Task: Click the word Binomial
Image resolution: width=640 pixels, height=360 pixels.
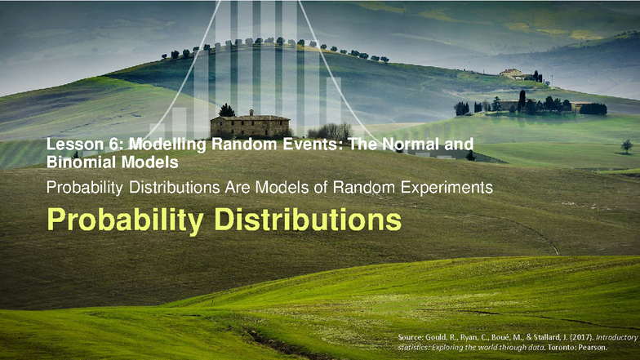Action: click(78, 162)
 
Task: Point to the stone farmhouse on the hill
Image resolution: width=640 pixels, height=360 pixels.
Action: click(250, 125)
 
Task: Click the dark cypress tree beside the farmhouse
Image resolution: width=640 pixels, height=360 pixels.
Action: click(226, 110)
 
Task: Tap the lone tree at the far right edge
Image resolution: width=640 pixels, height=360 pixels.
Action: click(627, 146)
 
